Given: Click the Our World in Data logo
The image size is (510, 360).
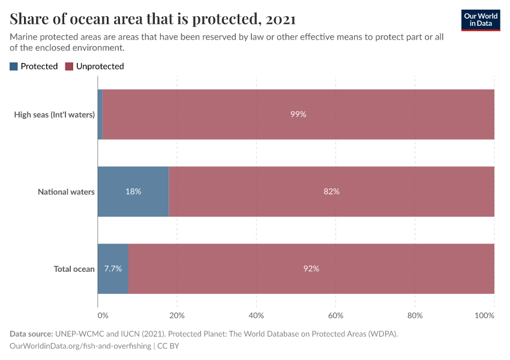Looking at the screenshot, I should pos(480,20).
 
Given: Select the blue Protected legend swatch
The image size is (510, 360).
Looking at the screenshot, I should pos(14,67).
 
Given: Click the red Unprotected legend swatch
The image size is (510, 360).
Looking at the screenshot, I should pos(69,67).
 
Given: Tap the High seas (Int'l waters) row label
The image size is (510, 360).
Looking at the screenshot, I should pos(55,115).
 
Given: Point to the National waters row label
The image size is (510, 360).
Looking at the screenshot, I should pos(66,192).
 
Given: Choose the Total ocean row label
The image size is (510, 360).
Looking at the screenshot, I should pos(74,269).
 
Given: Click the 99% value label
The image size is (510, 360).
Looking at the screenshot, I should pos(298,115).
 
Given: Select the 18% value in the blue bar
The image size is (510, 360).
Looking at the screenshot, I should pos(133,192).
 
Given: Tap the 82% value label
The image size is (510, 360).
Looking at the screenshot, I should pos(332,192).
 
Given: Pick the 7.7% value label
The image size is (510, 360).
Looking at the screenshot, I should pos(113,269).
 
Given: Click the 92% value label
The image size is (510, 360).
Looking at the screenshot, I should pos(311,269).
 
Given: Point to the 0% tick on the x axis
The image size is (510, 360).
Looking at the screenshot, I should pos(101,315).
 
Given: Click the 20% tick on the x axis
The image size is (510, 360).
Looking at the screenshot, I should pos(177,315).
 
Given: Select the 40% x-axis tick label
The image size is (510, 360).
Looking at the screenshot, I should pos(256,315).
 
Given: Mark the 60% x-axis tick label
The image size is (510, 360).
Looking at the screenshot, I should pos(335,315).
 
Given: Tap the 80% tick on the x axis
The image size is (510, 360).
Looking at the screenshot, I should pos(415,315).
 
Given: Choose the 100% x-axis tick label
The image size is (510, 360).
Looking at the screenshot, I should pos(491,315).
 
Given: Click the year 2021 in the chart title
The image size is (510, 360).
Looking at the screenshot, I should pos(280,19).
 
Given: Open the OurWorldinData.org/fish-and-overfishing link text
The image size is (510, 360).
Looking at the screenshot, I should pos(80,346).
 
